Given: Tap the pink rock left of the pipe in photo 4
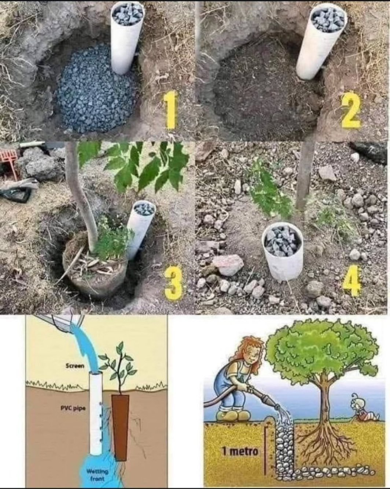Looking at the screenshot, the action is point(228,265).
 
